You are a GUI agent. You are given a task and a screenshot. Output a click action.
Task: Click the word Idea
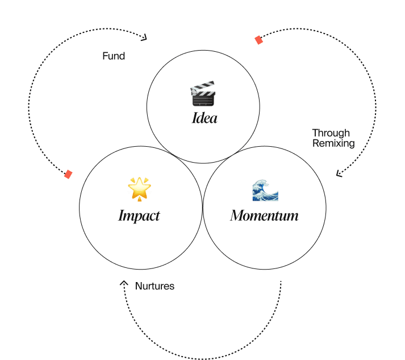(x=204, y=119)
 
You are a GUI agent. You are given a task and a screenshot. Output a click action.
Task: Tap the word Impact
(x=139, y=216)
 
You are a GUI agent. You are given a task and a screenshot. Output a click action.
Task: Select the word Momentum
(x=264, y=216)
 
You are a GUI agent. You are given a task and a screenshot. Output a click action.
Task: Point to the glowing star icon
(x=139, y=188)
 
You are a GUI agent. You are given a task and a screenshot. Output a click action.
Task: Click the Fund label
(x=114, y=56)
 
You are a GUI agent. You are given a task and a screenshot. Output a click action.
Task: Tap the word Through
(x=331, y=133)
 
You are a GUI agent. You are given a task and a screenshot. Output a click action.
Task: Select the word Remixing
(x=333, y=143)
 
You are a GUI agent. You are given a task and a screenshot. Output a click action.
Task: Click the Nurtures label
(x=155, y=286)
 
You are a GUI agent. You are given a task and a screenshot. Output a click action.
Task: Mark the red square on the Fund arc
(x=68, y=174)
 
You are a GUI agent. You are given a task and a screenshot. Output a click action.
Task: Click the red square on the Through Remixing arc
(x=258, y=40)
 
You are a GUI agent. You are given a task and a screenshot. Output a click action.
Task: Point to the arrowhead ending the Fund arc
(x=144, y=38)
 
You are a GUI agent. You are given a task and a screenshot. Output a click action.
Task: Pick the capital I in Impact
(x=121, y=216)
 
